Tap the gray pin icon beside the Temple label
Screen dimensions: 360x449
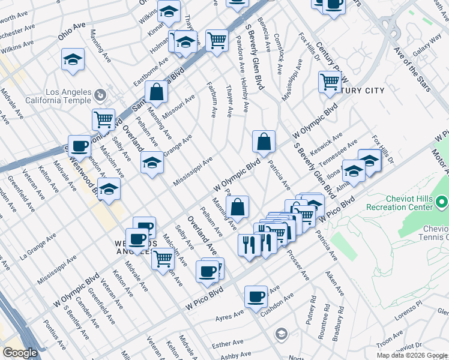100,94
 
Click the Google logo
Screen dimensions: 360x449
19,353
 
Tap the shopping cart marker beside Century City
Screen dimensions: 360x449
330,82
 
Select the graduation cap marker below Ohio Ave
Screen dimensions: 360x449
73,59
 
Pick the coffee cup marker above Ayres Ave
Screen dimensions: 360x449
256,296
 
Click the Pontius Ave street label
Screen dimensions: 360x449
55,335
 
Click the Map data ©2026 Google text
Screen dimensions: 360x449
411,355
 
